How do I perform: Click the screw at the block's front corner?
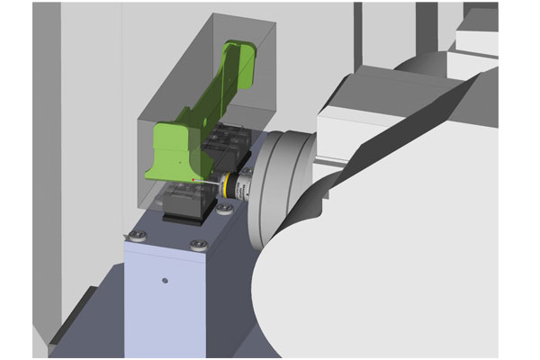pos(198,243)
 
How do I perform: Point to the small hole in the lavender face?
pos(165,282)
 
